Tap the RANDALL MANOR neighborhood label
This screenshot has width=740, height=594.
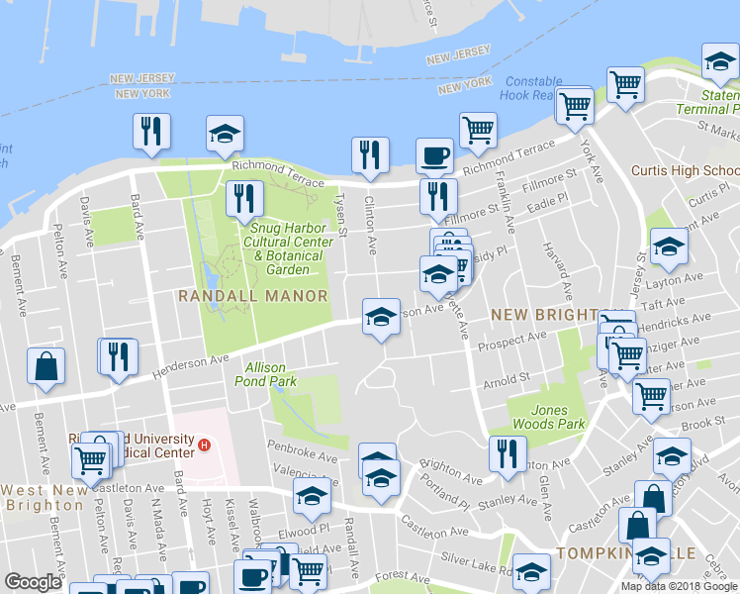(252, 296)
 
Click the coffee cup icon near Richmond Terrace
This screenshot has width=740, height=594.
(434, 155)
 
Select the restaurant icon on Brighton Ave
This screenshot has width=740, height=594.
(507, 454)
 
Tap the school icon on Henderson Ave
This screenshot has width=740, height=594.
(381, 317)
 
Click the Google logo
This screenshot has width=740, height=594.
(33, 582)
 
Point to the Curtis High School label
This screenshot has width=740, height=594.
(684, 170)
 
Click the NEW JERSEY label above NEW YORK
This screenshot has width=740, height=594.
(142, 77)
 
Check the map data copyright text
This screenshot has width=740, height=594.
(679, 585)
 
